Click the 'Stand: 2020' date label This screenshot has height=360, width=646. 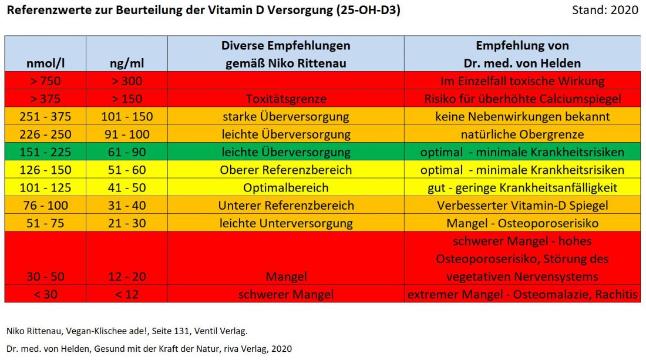click(x=605, y=11)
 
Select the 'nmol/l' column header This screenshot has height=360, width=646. click(x=45, y=63)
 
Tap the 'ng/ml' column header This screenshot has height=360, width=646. click(x=126, y=63)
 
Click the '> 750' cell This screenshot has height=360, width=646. click(x=45, y=81)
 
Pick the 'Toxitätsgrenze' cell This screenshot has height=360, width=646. click(x=285, y=99)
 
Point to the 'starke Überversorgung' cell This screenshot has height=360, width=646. click(x=285, y=116)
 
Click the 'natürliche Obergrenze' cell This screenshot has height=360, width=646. click(x=522, y=134)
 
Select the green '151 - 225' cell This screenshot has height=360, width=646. click(x=45, y=152)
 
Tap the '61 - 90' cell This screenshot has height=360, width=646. click(x=126, y=152)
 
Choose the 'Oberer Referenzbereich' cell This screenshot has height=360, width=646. click(x=285, y=170)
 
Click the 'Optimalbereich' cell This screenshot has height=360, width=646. click(x=285, y=188)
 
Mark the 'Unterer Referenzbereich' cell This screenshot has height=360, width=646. click(x=285, y=206)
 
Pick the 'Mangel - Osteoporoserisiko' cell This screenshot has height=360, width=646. click(x=522, y=223)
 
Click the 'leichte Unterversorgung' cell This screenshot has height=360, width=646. click(x=285, y=223)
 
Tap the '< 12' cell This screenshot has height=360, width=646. click(x=126, y=294)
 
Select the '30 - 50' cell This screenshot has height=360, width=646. click(x=45, y=277)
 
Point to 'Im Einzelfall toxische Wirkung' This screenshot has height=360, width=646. click(x=522, y=81)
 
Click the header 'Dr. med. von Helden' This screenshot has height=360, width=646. click(x=522, y=63)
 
